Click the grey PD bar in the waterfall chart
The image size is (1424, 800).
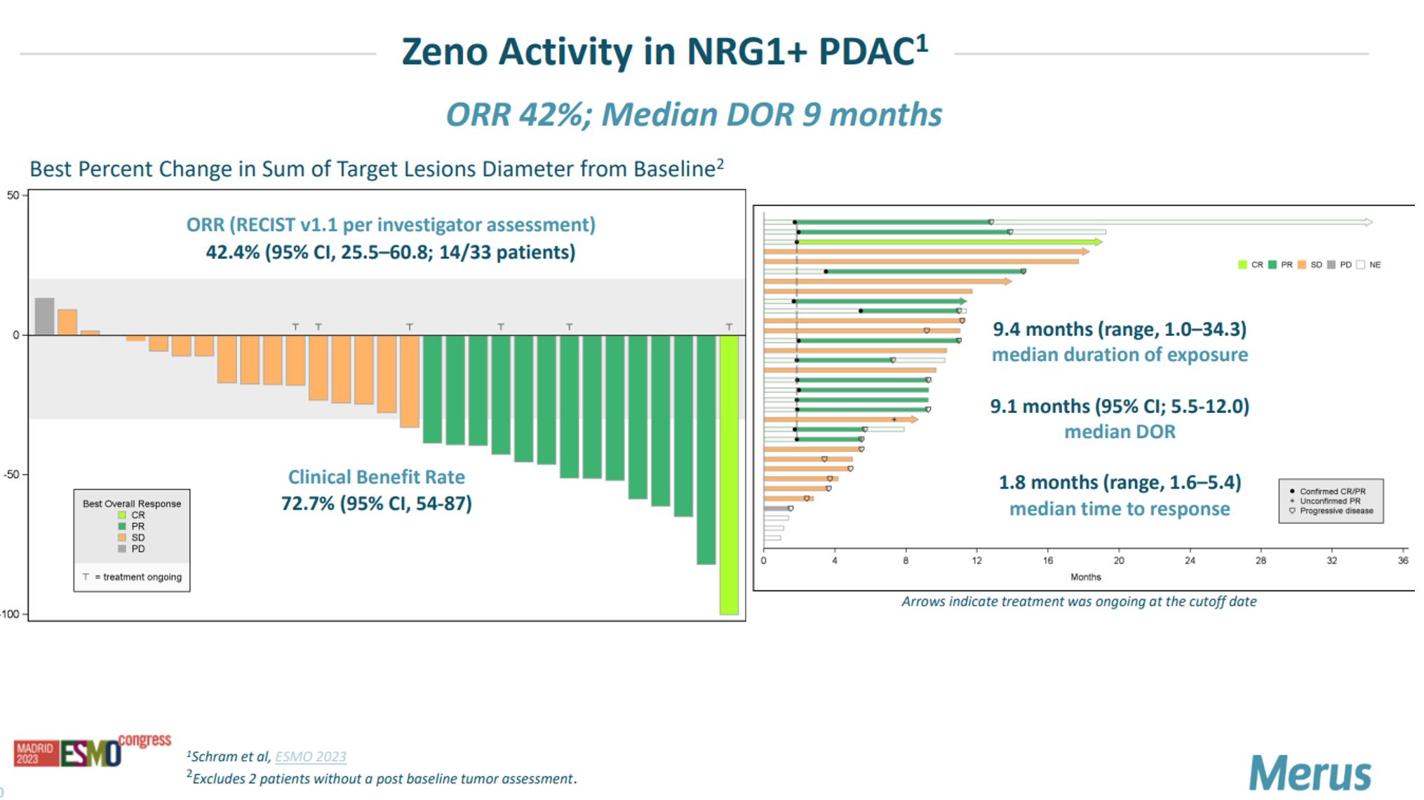click(44, 316)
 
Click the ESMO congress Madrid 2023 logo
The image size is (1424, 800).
click(92, 751)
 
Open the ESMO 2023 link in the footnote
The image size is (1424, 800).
click(310, 757)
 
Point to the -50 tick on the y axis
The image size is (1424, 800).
click(12, 475)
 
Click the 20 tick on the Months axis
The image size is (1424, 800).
click(1119, 561)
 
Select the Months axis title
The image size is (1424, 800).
click(1085, 577)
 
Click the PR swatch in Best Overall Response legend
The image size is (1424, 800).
click(122, 527)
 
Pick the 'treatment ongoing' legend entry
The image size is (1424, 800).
click(133, 577)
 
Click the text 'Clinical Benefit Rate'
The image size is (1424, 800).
click(376, 477)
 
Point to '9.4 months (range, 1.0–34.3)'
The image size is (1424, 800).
click(1119, 330)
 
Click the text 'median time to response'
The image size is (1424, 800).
click(1119, 509)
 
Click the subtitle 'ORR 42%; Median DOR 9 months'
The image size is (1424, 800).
click(694, 115)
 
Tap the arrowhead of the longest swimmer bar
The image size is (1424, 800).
click(1369, 222)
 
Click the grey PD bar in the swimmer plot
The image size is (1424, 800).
click(776, 508)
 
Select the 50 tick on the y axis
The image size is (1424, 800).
click(13, 196)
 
